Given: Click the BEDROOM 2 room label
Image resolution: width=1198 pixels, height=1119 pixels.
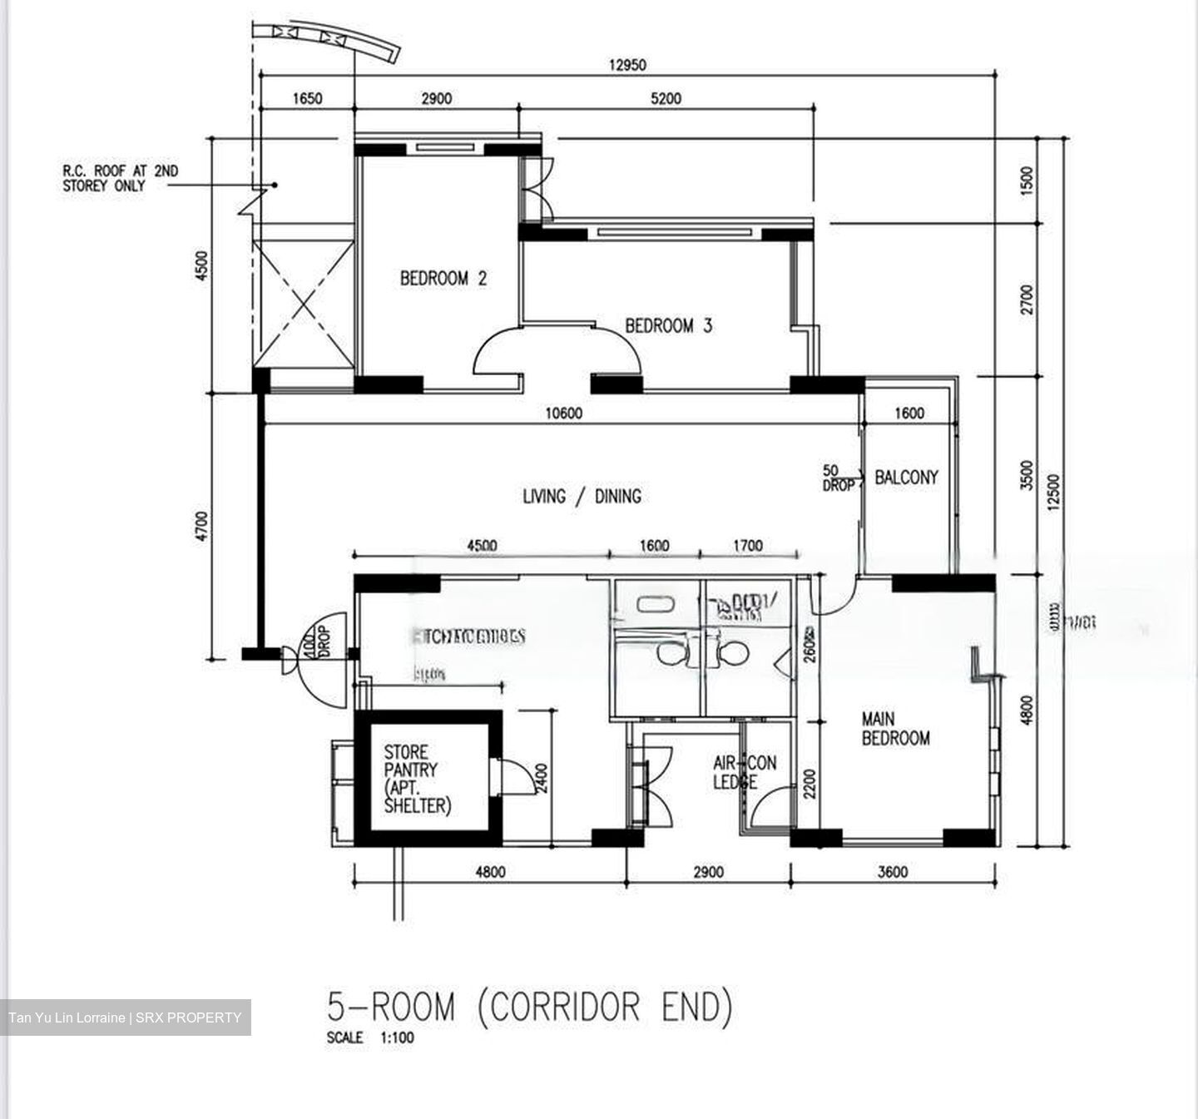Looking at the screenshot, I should (x=443, y=279).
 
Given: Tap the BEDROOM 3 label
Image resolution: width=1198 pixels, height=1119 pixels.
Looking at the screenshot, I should (x=668, y=326).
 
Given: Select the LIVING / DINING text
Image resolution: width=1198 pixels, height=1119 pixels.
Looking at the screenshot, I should (x=582, y=497).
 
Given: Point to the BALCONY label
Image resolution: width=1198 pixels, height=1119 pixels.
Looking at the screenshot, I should (x=906, y=478).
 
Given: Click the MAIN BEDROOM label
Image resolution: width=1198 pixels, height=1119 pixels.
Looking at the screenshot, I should (x=895, y=729).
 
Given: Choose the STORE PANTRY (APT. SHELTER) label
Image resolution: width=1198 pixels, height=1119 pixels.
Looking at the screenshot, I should (x=417, y=780).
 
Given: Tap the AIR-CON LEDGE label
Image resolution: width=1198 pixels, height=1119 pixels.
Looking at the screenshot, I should (x=744, y=772).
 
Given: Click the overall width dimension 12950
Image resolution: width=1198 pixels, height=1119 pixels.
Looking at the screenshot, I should (x=627, y=65).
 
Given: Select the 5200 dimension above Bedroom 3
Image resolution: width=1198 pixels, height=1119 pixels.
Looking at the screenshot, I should (x=666, y=98).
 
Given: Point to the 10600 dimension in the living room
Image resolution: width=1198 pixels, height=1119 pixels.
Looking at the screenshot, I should (x=564, y=413).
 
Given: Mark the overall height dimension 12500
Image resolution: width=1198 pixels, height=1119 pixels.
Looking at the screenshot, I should (x=1054, y=493).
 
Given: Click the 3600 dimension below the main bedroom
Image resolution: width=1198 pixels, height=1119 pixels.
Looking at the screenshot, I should (x=893, y=872).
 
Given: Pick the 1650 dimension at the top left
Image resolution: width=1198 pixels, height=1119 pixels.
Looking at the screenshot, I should (x=307, y=98).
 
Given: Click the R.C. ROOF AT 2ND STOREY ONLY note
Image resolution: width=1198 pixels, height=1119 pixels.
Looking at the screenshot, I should (x=120, y=178).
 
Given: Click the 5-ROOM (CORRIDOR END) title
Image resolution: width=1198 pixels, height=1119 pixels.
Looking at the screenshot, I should (x=530, y=1007).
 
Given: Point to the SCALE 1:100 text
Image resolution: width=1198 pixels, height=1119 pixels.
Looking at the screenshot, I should (x=370, y=1037).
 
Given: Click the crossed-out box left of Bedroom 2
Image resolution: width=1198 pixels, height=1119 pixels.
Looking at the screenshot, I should (x=304, y=304).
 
